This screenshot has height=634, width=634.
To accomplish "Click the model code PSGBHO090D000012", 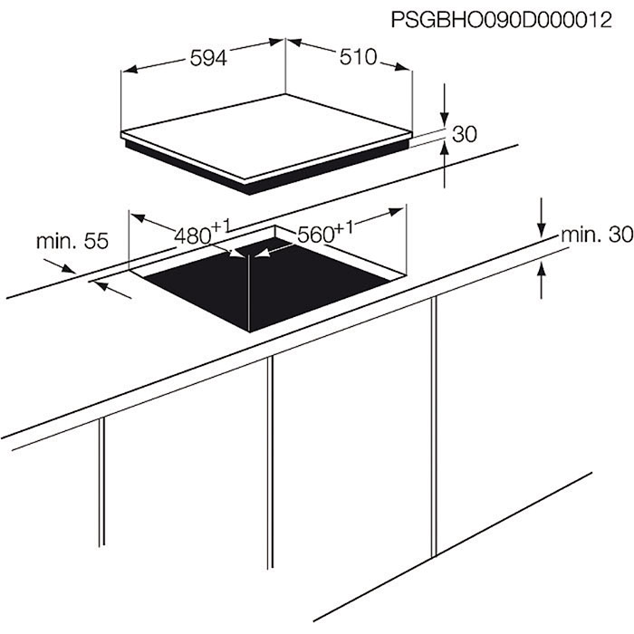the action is coord(502,20).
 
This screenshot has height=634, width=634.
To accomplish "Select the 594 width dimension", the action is coord(208,58).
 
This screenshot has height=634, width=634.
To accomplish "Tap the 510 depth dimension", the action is coord(359,57).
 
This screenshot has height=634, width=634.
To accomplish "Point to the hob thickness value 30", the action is coord(465,134).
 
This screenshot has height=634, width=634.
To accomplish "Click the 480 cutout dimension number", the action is coord(193,235).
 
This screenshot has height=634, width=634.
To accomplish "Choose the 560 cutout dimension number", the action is coord(316,235).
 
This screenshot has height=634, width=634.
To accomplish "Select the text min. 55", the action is coord(72,242).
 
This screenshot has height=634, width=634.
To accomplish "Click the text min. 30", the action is coord(597,235).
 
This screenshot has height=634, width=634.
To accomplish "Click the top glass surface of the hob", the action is coord(266,136).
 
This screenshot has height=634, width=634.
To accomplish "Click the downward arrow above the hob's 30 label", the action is coord(445,105).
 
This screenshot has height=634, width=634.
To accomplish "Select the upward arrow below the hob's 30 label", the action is coord(445,165).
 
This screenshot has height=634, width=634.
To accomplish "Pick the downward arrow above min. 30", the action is coord(542,217).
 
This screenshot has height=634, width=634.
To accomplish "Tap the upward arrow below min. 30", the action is coord(542,280).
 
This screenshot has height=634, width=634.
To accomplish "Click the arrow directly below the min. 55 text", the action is coord(60,266).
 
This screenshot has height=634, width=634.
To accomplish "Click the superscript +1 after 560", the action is coord(344,227).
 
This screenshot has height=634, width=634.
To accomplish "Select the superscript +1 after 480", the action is coord(221,226).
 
